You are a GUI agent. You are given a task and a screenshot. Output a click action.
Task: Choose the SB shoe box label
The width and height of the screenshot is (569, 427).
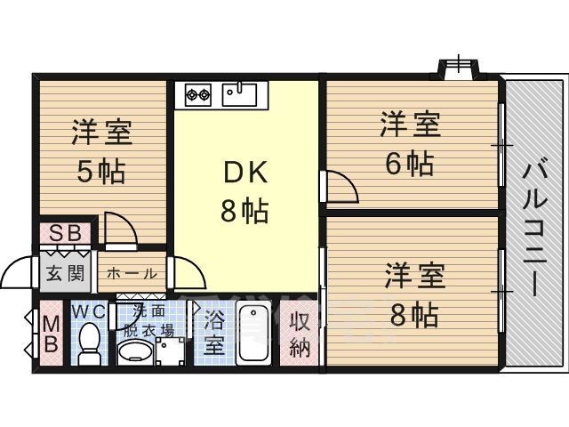tap(65, 234)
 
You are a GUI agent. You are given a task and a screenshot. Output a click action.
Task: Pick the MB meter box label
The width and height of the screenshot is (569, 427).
tap(50, 332)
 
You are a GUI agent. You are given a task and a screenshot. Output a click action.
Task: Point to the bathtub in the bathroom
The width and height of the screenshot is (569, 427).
tap(255, 334)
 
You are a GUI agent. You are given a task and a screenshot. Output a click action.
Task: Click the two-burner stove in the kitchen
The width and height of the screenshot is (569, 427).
tap(198, 92)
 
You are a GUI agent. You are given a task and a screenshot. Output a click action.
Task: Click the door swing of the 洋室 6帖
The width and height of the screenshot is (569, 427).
tap(341, 187)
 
